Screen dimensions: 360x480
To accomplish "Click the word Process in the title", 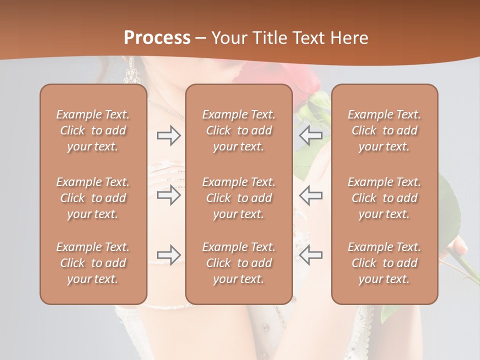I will [x=157, y=37].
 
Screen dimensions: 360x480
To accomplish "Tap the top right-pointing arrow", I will [x=168, y=135].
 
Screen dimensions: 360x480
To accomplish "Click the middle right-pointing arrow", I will [x=168, y=195].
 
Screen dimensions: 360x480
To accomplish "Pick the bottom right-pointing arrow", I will [x=168, y=254].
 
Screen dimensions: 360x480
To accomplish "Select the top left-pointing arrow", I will [x=310, y=135].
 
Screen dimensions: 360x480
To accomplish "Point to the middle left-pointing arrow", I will [x=310, y=195].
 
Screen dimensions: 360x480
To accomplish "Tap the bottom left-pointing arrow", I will [x=310, y=254].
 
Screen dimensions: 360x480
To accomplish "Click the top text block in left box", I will [x=93, y=130].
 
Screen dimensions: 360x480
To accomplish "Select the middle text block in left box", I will [x=93, y=198].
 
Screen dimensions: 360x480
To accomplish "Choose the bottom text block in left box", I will [x=93, y=263].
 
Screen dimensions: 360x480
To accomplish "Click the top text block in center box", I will [x=238, y=130].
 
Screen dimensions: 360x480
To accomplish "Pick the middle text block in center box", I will [x=238, y=198].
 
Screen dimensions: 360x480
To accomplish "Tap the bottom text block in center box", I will [x=238, y=263].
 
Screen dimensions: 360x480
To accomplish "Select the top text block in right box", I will [x=384, y=130].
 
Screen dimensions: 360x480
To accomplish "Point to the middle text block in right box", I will [x=384, y=198].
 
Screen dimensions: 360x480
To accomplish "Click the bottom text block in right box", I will [x=384, y=263].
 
